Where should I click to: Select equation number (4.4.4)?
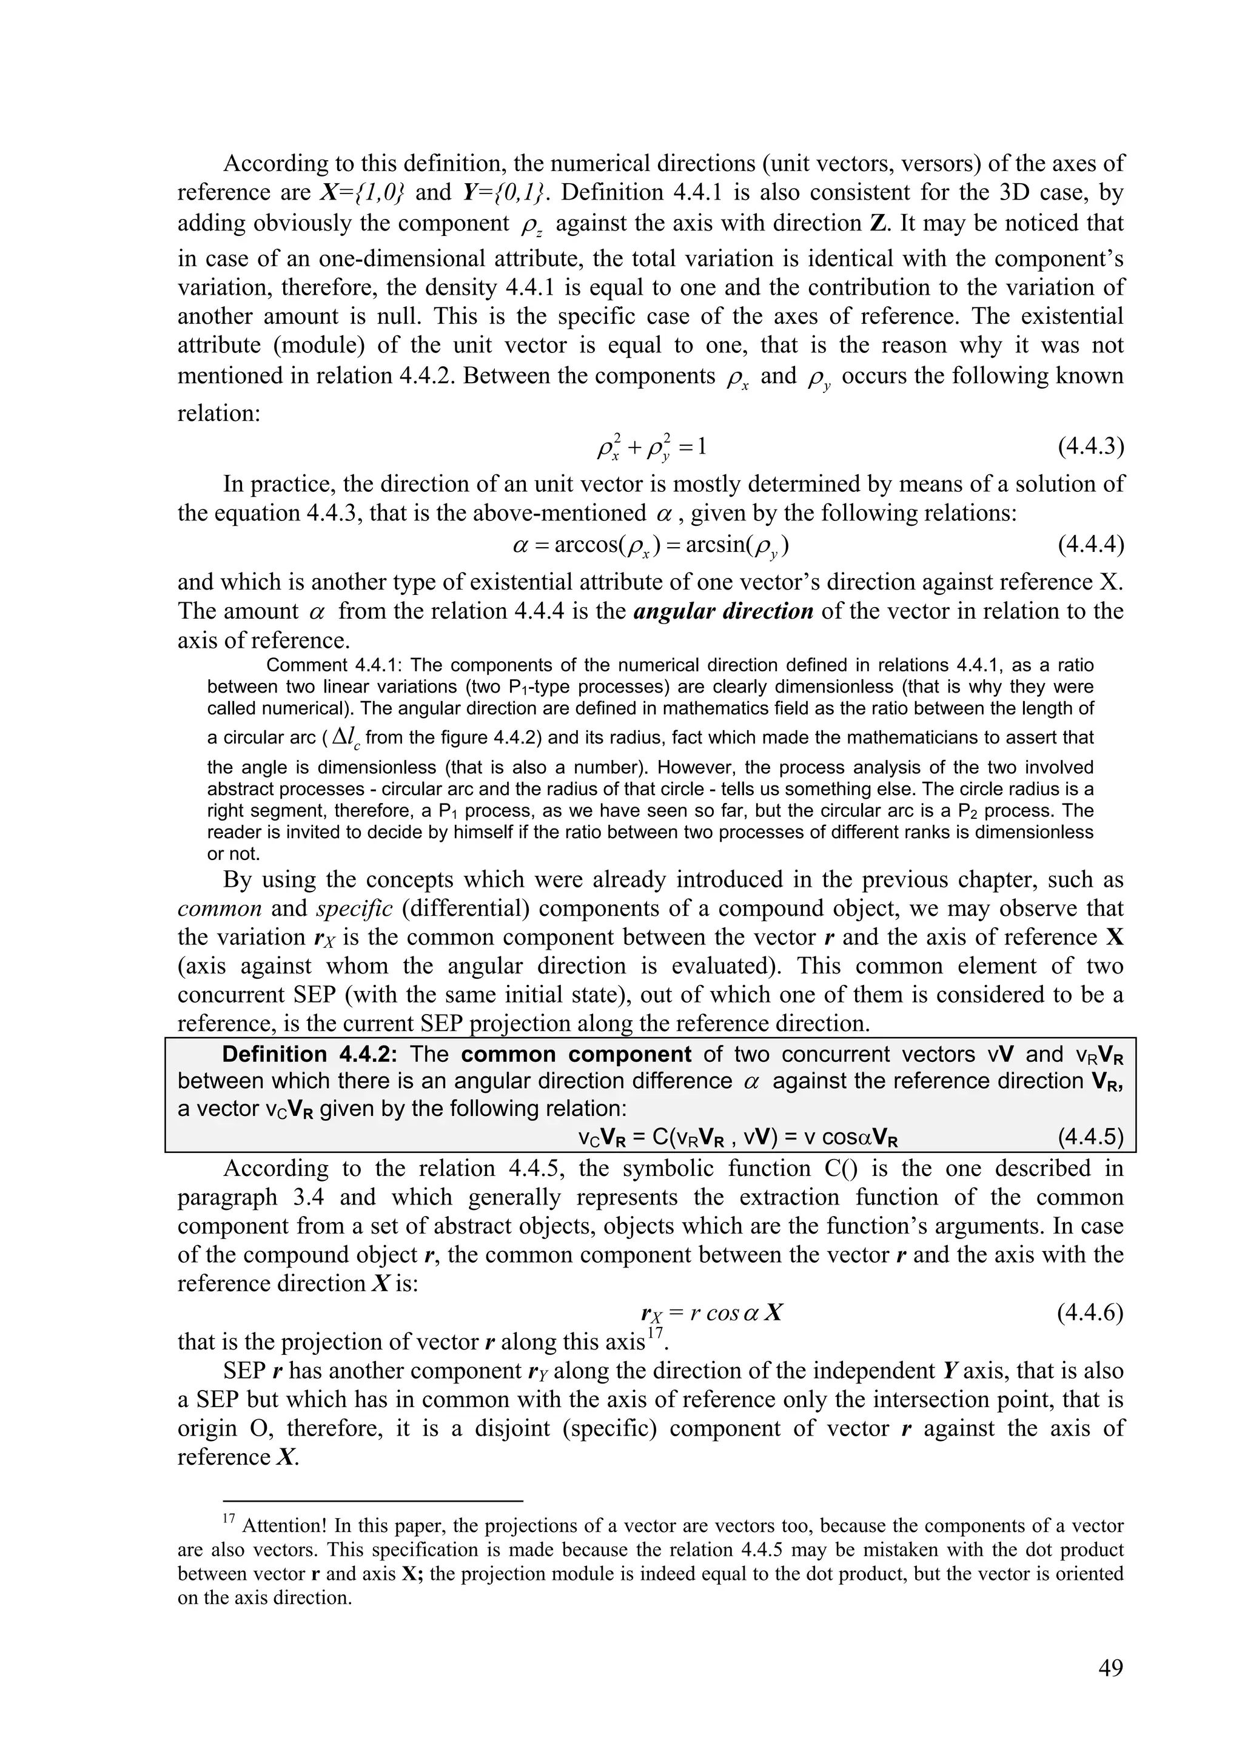[1090, 546]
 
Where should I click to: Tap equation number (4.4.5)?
[1090, 1138]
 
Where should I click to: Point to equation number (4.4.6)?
[1090, 1313]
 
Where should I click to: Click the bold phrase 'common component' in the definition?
[576, 1055]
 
